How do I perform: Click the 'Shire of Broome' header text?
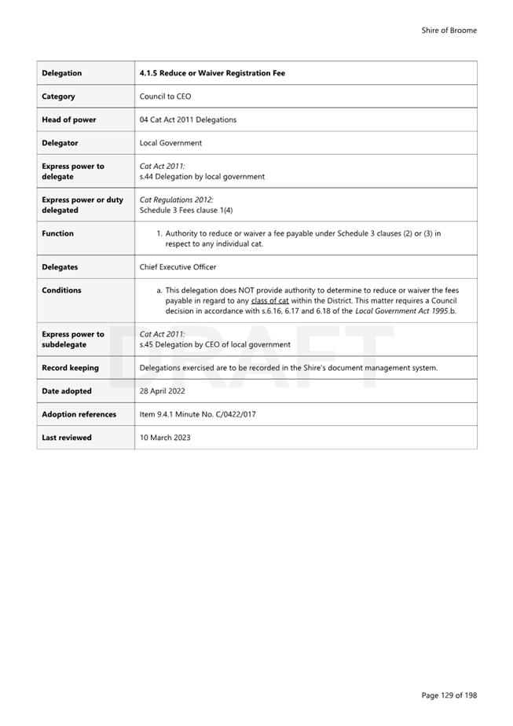coord(449,31)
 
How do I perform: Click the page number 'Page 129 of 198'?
coord(449,695)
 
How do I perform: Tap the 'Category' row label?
coord(59,97)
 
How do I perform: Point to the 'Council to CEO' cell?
coord(165,97)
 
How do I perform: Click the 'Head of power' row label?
coord(69,119)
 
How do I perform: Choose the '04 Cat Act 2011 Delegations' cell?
coord(188,119)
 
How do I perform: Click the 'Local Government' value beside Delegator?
coord(170,143)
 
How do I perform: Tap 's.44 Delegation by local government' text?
coord(202,177)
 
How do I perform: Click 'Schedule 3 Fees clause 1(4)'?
coord(186,211)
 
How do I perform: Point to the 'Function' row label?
coord(57,233)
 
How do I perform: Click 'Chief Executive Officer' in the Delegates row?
coord(178,267)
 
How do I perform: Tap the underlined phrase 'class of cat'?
coord(270,301)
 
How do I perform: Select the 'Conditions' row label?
coord(61,290)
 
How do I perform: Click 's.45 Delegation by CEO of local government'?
coord(214,344)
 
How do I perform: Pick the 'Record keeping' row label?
coord(70,368)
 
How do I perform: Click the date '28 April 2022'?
coord(163,391)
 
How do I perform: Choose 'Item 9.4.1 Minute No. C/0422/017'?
coord(197,414)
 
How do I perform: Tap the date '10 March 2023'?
coord(164,438)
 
